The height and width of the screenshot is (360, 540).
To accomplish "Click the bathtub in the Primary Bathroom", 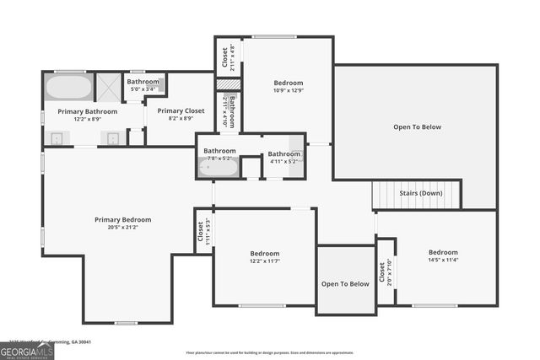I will [x=67, y=87].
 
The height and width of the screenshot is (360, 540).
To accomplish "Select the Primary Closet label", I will [x=181, y=110].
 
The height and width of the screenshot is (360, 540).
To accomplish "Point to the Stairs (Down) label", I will [x=420, y=193].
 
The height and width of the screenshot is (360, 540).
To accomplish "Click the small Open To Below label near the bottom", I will [x=345, y=284].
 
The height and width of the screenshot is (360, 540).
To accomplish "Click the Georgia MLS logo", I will [x=27, y=349].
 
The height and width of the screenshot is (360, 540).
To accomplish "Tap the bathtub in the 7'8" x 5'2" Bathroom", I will [x=218, y=167].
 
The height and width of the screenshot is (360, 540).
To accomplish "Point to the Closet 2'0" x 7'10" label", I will [x=385, y=272].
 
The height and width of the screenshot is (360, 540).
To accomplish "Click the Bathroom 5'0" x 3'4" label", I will [x=143, y=84].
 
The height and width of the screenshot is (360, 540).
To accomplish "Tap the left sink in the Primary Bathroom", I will [x=58, y=138].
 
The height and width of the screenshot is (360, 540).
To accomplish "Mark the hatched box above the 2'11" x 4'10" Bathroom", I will [x=228, y=85].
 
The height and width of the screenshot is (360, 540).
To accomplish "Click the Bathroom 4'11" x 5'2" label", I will [x=283, y=157].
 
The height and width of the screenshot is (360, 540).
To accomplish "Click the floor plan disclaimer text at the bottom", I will [x=269, y=352].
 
